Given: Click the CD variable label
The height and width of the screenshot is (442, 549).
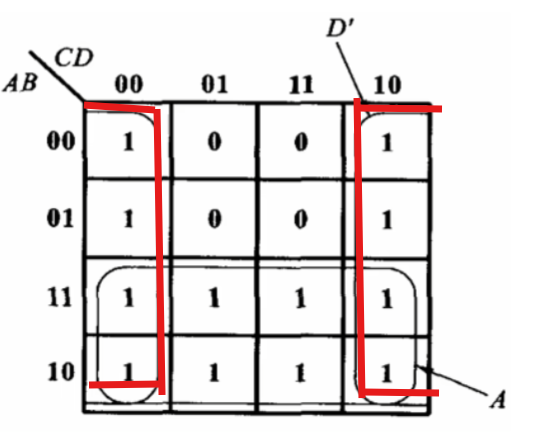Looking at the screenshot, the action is pos(74,57).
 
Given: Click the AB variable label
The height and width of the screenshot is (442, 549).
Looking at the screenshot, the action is pos(20,83).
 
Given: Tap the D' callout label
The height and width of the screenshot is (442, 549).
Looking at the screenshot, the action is pos(341,28).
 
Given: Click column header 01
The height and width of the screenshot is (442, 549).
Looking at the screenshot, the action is pos(214,84).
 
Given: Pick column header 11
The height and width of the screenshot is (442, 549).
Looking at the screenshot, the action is pos(301,85).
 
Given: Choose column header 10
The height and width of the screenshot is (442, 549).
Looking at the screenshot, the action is pos(387,85).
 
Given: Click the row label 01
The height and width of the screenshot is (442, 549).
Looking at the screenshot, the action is pos(60,218).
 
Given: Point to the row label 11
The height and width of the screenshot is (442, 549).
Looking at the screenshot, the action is pos(60,297).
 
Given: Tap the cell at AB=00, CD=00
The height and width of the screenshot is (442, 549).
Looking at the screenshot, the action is pos(128,143).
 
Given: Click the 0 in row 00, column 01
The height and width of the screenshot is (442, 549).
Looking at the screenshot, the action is pos(215,142).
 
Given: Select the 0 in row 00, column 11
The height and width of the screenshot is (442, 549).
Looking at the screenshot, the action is pos(301,142).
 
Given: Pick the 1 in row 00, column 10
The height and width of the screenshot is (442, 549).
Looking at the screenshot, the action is pos(387,143).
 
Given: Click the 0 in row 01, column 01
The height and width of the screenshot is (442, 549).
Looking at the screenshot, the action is pos(215,219).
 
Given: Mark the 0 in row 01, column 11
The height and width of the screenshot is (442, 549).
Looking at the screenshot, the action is pos(301,219).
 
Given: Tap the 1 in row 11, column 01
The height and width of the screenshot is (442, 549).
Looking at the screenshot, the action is pos(214,298).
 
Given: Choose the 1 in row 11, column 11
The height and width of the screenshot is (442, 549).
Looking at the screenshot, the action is pos(300,298).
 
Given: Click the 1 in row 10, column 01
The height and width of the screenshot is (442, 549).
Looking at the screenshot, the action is pos(214,372).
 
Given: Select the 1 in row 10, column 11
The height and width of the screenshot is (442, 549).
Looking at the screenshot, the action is pos(300,372).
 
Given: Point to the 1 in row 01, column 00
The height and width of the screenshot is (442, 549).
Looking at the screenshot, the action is pos(128,219).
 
